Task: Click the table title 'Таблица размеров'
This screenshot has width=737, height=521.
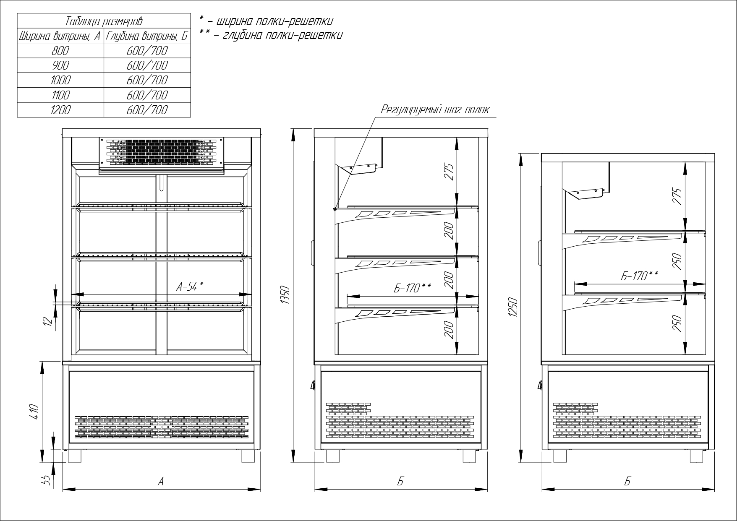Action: (x=104, y=21)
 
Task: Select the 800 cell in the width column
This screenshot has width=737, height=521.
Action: (x=60, y=51)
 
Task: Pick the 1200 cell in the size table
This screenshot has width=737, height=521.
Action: (x=60, y=110)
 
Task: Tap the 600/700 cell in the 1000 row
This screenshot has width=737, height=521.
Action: (x=147, y=80)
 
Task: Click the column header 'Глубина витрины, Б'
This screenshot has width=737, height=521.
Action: (x=147, y=36)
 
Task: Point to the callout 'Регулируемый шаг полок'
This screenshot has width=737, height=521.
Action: (x=435, y=110)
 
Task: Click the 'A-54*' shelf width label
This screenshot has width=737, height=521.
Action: (x=190, y=287)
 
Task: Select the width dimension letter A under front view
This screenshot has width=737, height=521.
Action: (x=160, y=482)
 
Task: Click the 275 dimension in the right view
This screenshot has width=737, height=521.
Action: (x=677, y=197)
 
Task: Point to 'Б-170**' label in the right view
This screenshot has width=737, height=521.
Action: (x=639, y=276)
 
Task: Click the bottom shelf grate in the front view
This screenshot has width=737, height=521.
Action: (x=161, y=305)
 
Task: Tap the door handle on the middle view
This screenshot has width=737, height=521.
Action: (x=312, y=253)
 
